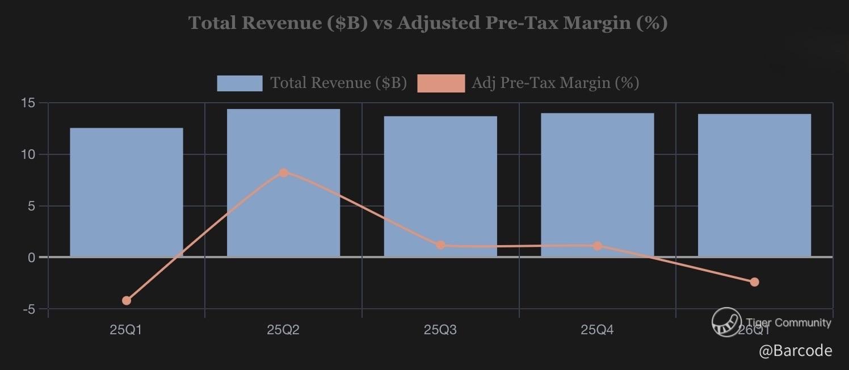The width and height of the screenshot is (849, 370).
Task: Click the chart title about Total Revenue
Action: coord(427,23)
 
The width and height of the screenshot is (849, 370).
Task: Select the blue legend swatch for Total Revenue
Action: coord(239,83)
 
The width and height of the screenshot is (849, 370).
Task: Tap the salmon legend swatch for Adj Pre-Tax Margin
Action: coord(440,83)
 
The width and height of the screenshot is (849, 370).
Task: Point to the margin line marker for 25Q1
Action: coord(127,300)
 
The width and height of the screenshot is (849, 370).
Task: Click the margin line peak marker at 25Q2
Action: coord(284,173)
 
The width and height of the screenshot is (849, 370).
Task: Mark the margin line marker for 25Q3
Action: coord(440,245)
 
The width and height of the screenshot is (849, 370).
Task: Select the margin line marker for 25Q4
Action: coord(597,246)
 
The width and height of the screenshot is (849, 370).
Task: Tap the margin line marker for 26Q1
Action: coord(754,282)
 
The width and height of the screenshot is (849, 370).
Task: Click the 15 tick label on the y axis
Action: coord(28,103)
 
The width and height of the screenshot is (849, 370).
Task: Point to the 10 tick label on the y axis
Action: coord(28,154)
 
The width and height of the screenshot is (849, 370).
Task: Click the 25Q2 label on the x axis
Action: coord(283,330)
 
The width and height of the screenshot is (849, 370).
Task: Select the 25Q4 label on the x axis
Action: coord(597,330)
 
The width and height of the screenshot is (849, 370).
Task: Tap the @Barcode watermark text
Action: coord(796,351)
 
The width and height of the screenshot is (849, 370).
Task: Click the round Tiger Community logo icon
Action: coord(727,322)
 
